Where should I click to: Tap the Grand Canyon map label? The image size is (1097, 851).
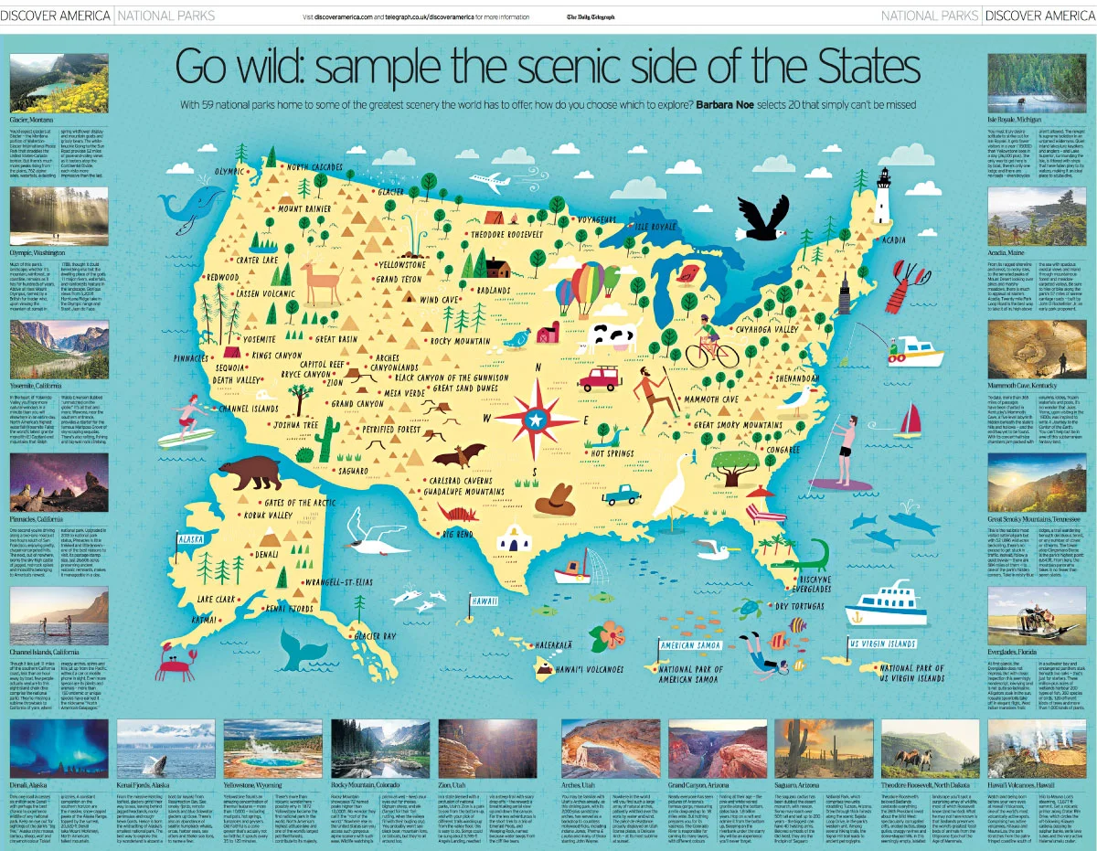click(x=357, y=403)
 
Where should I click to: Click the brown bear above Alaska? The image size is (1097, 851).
click(x=248, y=473)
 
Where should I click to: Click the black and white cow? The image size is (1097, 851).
click(x=609, y=336)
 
